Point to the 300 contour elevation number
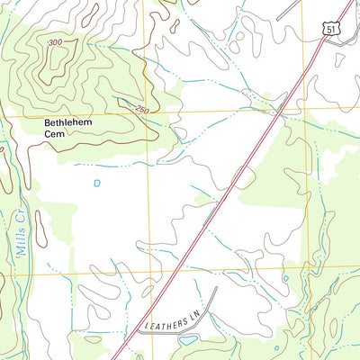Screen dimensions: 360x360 [x=57, y=43]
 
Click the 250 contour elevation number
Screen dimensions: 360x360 [x=141, y=110]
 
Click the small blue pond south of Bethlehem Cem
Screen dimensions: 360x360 [x=97, y=183]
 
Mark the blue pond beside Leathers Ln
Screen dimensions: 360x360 [x=189, y=340]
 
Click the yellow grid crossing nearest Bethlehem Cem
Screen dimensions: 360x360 [x=149, y=114]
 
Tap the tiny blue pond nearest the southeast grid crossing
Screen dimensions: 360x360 [x=285, y=278]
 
